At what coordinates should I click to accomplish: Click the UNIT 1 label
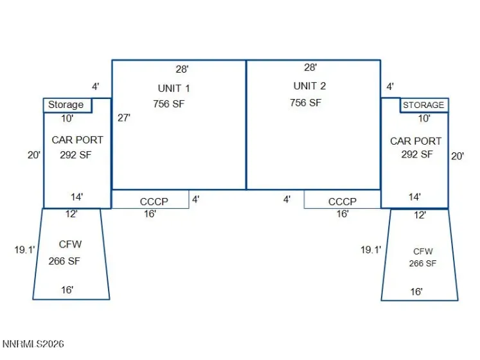coord(174,89)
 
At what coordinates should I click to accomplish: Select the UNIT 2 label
coord(310,86)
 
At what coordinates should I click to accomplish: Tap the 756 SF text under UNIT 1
coord(169,104)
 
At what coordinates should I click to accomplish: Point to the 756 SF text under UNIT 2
coord(305,103)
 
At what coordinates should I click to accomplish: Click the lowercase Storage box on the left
coord(67,105)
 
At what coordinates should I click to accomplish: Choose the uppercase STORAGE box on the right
coord(424,105)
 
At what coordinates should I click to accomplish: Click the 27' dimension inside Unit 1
coord(124,118)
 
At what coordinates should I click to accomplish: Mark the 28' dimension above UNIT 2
coord(310,67)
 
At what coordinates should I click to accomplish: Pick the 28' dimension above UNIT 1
coord(182,69)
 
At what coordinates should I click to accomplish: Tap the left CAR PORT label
coord(78,140)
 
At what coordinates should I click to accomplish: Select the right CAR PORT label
coord(416,141)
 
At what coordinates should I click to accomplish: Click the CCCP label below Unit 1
coord(154,202)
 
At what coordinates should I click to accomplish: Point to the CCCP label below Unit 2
coord(342,202)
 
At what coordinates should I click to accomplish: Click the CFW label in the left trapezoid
coord(71,244)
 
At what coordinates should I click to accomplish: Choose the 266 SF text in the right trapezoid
coord(423,264)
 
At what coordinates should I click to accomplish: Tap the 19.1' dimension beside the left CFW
coord(25,250)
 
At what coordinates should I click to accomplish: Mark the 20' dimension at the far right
coord(458,156)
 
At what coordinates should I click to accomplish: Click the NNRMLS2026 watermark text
coord(33,344)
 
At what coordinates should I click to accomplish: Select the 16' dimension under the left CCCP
coord(150,214)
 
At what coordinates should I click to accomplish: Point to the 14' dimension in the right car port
coord(415,197)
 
